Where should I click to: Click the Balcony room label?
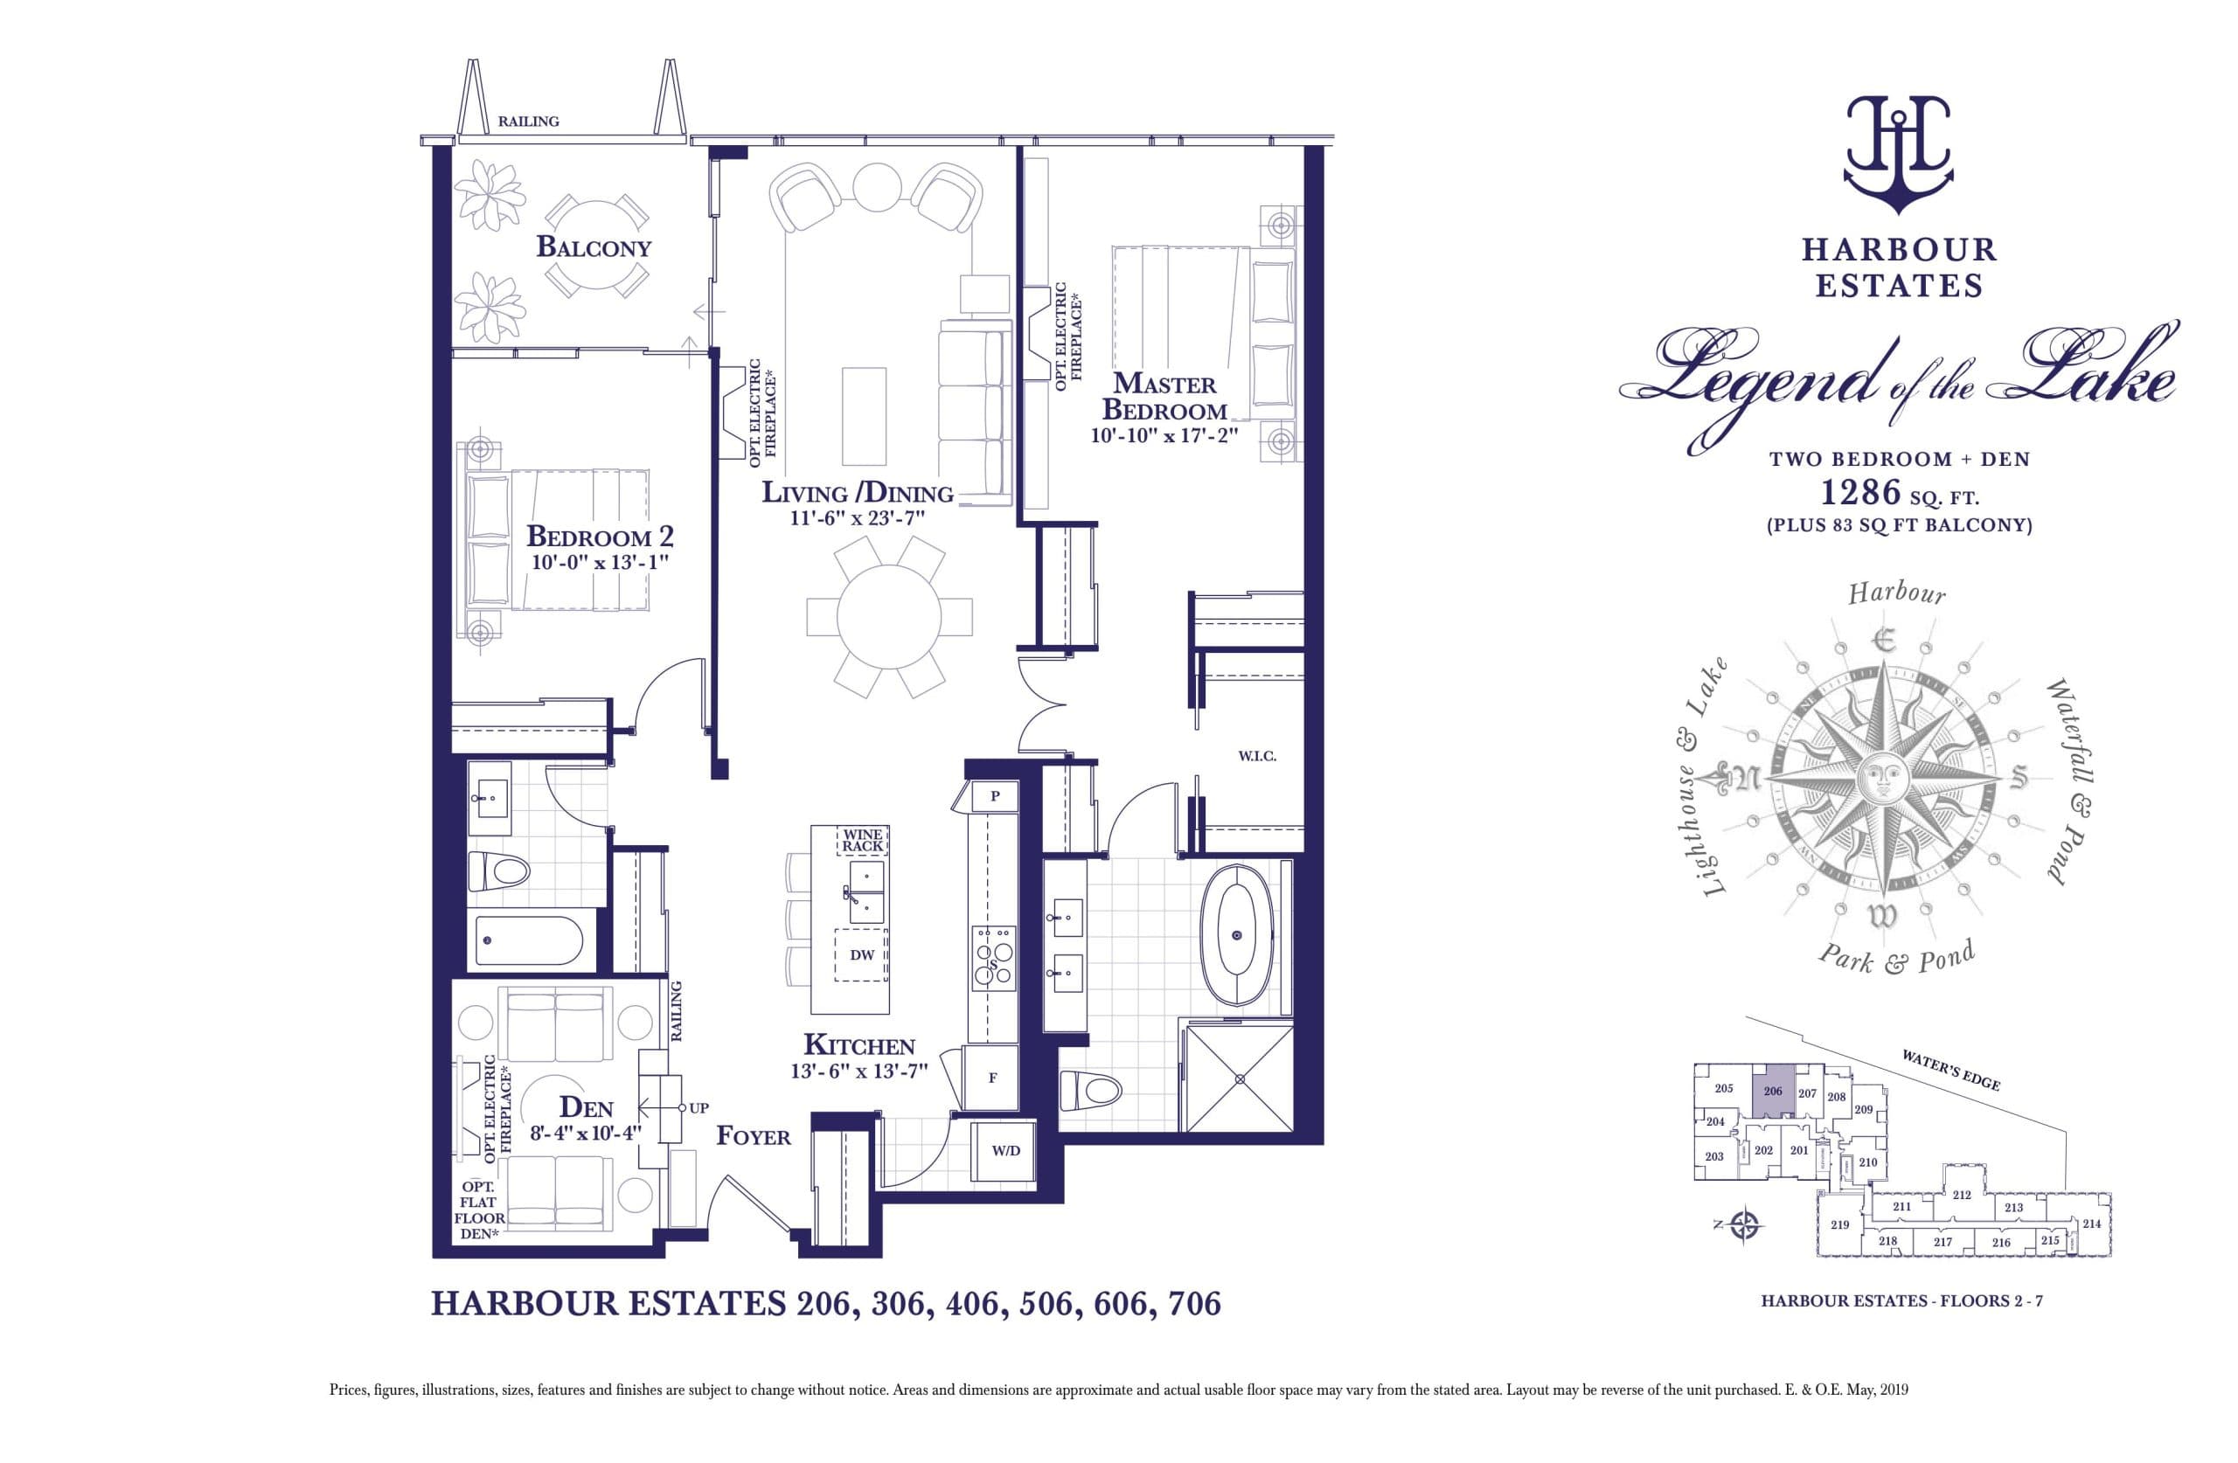594,247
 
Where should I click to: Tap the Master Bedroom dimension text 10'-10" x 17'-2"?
1164,436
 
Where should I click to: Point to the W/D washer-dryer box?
1004,1151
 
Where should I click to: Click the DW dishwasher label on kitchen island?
861,955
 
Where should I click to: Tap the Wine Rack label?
861,840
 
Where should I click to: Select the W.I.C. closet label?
1256,756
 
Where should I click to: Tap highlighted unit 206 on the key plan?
1774,1092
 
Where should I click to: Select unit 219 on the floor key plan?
1840,1225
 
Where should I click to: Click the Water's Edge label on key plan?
1950,1070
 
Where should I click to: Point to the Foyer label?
754,1137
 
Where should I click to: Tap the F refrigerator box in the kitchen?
992,1078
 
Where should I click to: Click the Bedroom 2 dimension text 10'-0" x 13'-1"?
600,563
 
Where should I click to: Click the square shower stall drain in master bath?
1241,1079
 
